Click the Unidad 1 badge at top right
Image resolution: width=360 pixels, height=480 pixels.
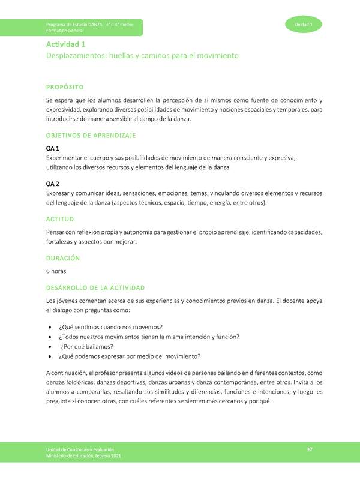304,23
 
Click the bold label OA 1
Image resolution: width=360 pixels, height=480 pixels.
52,148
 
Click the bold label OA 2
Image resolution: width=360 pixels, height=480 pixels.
52,184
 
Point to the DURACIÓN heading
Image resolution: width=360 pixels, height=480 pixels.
63,258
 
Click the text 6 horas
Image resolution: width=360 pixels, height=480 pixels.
58,271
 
